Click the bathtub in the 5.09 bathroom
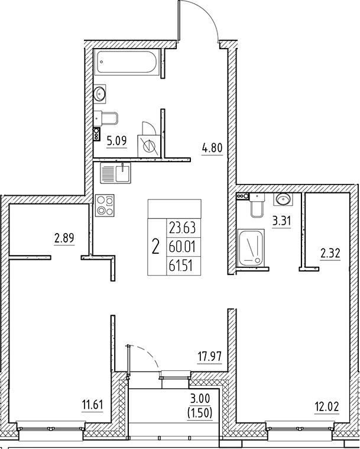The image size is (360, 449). click(x=127, y=63)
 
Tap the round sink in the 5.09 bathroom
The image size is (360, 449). click(x=100, y=93)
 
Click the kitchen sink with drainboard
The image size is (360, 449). click(x=115, y=173)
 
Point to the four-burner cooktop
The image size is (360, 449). click(x=105, y=205)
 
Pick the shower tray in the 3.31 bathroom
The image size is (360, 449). click(x=251, y=248)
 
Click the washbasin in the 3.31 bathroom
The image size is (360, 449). click(x=283, y=199)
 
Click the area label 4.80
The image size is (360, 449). click(x=212, y=148)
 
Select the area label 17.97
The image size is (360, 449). click(x=210, y=357)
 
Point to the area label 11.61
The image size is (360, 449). click(x=92, y=405)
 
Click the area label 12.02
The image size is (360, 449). click(x=327, y=406)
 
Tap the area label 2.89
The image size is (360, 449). click(x=64, y=238)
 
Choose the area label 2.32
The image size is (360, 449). click(x=330, y=253)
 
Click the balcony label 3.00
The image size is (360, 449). click(x=200, y=398)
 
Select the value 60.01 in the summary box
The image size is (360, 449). click(x=182, y=247)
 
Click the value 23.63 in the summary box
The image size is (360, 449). click(x=182, y=228)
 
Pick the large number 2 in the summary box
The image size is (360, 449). click(x=155, y=247)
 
